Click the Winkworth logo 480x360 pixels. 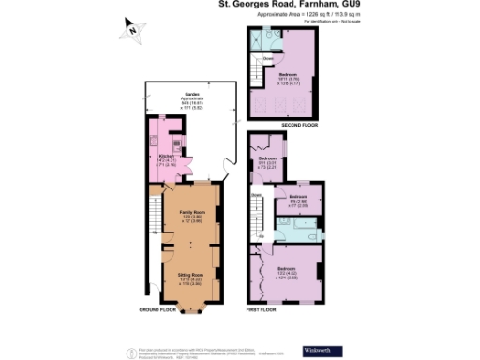pos(317,350)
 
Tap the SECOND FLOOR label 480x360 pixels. pos(298,124)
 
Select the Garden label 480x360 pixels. pos(193,96)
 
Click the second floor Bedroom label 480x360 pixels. pos(288,74)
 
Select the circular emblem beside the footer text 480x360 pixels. pos(128,350)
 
